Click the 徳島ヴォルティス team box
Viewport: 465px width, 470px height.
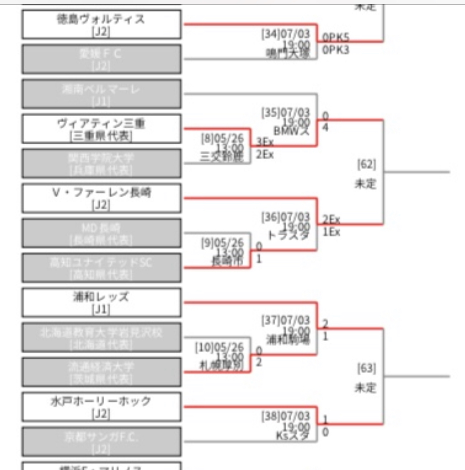[x=101, y=25]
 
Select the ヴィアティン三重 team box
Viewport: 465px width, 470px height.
[x=101, y=129]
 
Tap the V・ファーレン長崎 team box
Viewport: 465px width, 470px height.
[x=101, y=198]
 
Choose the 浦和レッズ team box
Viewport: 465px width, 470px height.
[x=101, y=303]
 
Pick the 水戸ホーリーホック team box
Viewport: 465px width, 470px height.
[x=101, y=407]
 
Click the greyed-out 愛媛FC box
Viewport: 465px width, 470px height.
[x=101, y=60]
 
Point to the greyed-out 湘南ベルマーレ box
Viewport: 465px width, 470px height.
[x=101, y=94]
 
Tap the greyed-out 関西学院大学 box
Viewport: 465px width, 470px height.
[x=101, y=164]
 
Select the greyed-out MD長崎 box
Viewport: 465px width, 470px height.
[x=101, y=233]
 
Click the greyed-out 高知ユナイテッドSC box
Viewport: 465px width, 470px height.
[x=101, y=268]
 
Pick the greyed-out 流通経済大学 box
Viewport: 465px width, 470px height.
[x=101, y=372]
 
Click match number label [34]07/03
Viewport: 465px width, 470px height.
[x=286, y=35]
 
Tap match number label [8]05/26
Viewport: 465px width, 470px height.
[x=222, y=139]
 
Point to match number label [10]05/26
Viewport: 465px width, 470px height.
[x=220, y=347]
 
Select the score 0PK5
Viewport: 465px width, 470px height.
[x=335, y=38]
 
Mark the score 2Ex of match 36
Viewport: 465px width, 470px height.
[x=331, y=220]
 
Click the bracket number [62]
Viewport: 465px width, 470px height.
[x=366, y=165]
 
